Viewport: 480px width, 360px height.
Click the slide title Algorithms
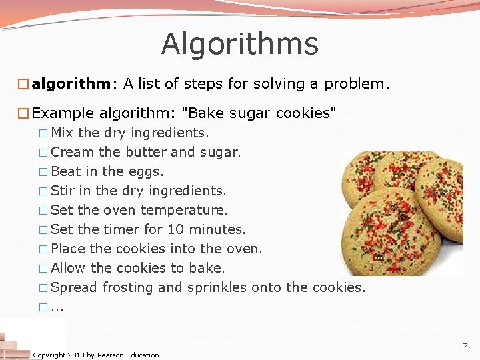[240, 44]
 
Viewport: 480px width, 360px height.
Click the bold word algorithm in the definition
[71, 84]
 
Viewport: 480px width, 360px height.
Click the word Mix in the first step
[63, 133]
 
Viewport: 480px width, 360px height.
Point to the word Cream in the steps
[73, 152]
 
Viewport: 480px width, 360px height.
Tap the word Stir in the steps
[63, 191]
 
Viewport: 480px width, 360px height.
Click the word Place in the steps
[68, 249]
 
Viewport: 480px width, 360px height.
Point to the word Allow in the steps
[68, 268]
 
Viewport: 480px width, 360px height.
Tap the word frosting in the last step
[127, 287]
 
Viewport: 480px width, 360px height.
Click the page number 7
[465, 346]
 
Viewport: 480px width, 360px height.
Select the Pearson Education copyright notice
[96, 355]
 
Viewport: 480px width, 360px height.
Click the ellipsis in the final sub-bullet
[57, 308]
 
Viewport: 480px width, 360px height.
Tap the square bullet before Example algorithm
[23, 113]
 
